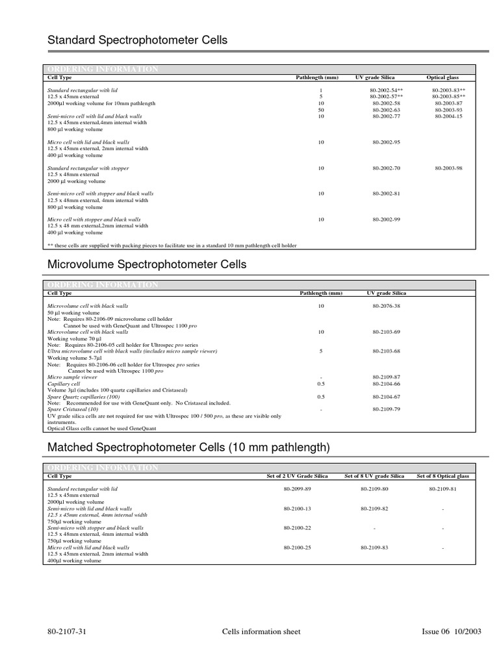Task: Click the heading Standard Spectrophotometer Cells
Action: click(x=138, y=40)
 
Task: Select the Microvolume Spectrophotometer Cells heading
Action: click(x=147, y=264)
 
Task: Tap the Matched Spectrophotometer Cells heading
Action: click(x=189, y=447)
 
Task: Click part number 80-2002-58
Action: click(x=387, y=103)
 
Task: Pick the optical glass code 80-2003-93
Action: click(x=448, y=110)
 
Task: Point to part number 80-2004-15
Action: click(x=448, y=116)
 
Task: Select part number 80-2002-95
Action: click(x=387, y=142)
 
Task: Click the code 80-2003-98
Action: click(x=448, y=168)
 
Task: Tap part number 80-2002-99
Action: click(x=387, y=220)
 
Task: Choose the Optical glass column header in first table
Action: click(x=442, y=77)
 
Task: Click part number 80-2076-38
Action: click(x=387, y=305)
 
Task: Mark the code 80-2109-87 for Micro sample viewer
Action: click(x=387, y=377)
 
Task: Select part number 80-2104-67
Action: click(x=387, y=396)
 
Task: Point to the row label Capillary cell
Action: click(x=64, y=383)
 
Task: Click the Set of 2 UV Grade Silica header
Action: click(x=298, y=476)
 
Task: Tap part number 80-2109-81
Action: click(x=442, y=488)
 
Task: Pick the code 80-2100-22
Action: click(x=298, y=528)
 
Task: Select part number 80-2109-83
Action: click(x=374, y=547)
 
